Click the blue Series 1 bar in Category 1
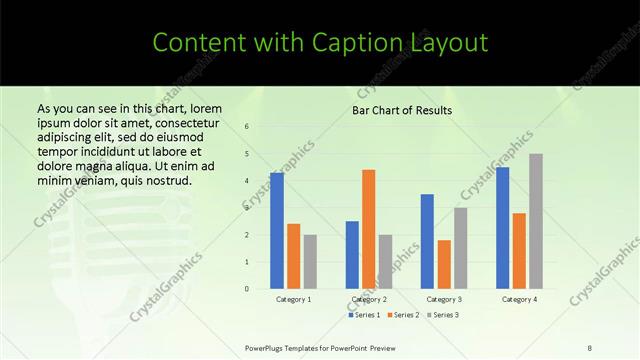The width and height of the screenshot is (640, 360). click(277, 231)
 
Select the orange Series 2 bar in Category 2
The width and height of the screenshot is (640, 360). click(369, 229)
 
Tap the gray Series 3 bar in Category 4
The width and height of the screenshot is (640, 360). click(536, 221)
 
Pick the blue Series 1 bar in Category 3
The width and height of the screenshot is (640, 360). click(427, 241)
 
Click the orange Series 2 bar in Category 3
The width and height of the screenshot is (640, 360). click(444, 264)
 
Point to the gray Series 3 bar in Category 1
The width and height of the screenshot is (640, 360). click(310, 262)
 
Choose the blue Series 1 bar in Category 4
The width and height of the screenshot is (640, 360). click(502, 228)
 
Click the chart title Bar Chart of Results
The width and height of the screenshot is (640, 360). click(402, 110)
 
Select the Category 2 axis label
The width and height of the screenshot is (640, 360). click(369, 299)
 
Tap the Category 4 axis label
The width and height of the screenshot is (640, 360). click(519, 299)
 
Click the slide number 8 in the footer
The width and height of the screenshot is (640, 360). click(590, 347)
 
